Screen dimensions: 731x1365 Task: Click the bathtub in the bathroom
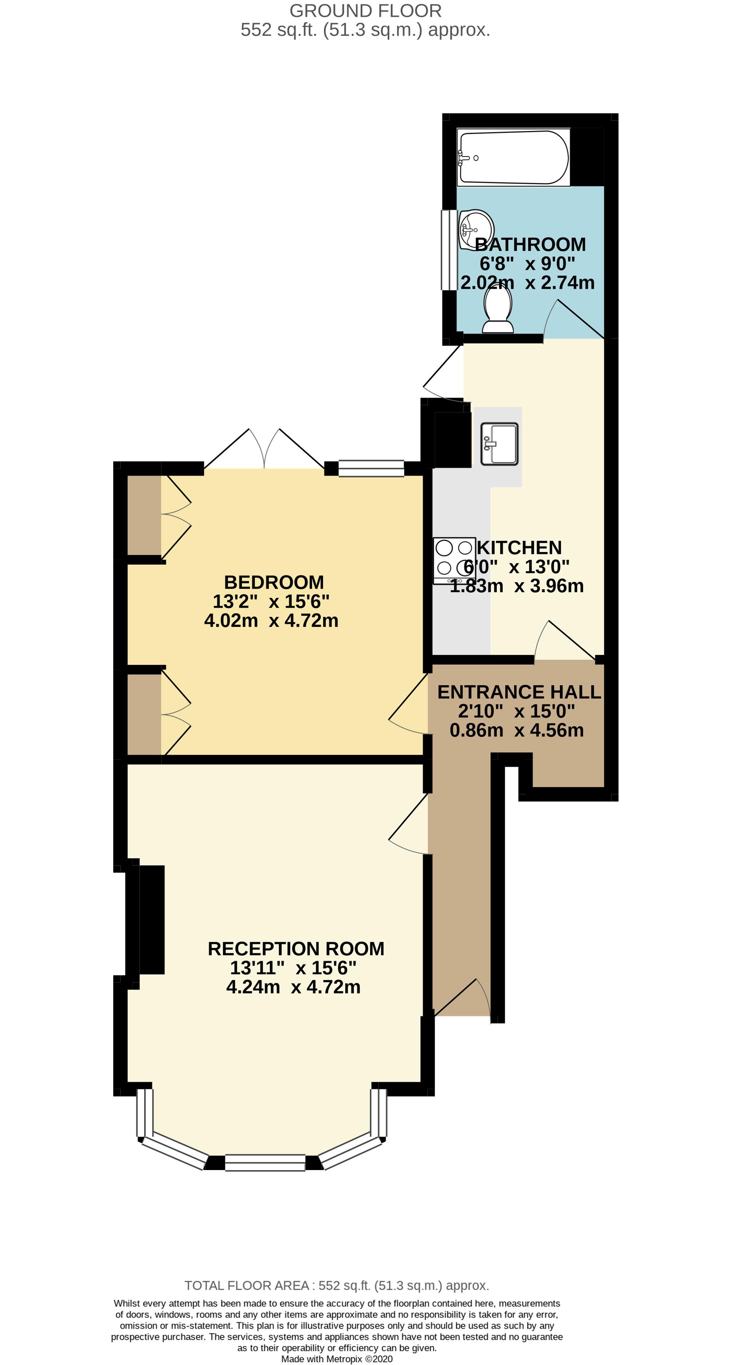tap(513, 158)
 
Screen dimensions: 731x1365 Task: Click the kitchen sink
tap(499, 444)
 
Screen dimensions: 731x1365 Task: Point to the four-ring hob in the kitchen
tap(454, 561)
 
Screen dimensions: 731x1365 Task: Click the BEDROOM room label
tap(274, 582)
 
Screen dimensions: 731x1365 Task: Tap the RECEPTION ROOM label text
tap(296, 948)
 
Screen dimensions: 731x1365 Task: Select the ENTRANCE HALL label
tap(519, 692)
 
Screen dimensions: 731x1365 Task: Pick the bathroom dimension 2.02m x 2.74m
tap(527, 282)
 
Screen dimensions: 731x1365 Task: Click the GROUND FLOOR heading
tap(365, 11)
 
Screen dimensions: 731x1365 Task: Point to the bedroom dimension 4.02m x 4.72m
tap(271, 620)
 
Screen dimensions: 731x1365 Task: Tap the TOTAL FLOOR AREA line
tap(337, 1286)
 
